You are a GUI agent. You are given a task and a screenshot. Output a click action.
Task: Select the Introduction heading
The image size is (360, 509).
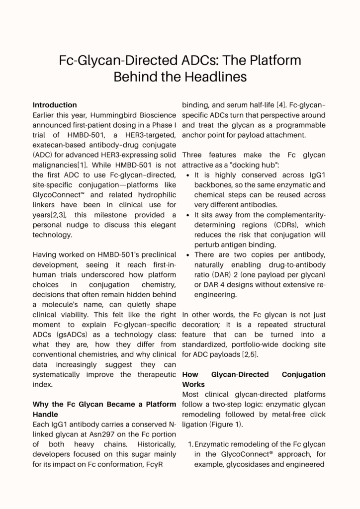tap(55, 105)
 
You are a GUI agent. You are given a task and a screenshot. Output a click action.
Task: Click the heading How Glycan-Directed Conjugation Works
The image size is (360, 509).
tap(254, 379)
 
